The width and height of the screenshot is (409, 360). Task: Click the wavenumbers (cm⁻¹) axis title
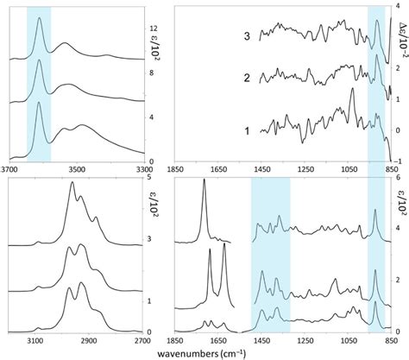(x=204, y=354)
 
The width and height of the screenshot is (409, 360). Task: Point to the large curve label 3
(x=248, y=37)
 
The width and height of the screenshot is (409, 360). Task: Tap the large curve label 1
(x=248, y=132)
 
